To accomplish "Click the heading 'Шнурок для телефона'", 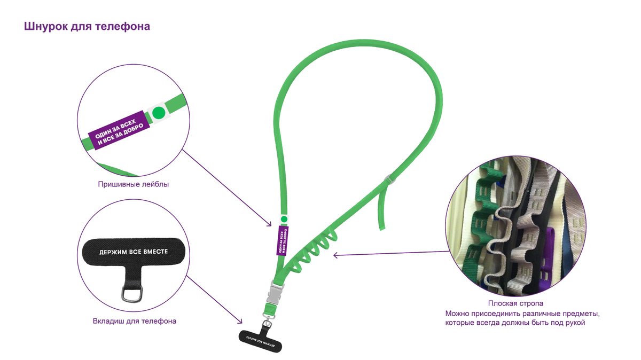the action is coord(87,26).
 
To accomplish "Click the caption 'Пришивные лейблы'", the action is coord(134,184).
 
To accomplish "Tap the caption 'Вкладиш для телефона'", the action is coord(135,321).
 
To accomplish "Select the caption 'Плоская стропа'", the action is coord(515,303).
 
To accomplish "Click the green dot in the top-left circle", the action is coord(159,113).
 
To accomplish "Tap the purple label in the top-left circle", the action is coord(119,130).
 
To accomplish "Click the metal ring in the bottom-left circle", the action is coord(132,294).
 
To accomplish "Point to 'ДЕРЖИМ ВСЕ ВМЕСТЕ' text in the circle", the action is coord(134,252).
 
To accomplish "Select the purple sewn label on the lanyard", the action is coord(283,241).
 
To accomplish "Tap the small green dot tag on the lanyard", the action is coord(284,219).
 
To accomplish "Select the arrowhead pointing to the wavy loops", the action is coord(335,255).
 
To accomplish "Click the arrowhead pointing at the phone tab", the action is coord(240,322).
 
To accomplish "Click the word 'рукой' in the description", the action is coord(575,323).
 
